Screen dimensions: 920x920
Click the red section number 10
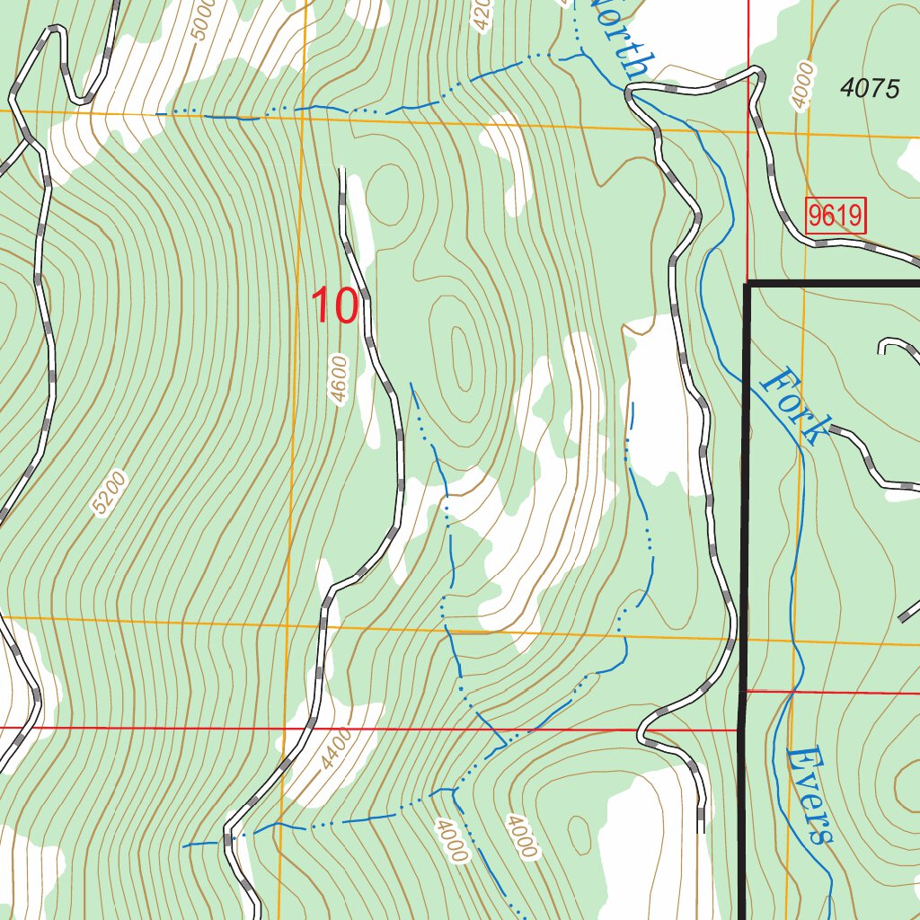(x=335, y=305)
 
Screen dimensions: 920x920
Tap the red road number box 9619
(x=835, y=216)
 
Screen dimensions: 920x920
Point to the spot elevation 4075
(x=870, y=88)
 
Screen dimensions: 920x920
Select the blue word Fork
(x=791, y=404)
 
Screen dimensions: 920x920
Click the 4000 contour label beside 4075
(x=802, y=85)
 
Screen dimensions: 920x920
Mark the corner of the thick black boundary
(x=747, y=284)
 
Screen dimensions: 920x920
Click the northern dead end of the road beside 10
(x=341, y=170)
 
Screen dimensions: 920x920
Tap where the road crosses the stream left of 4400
(x=228, y=841)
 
